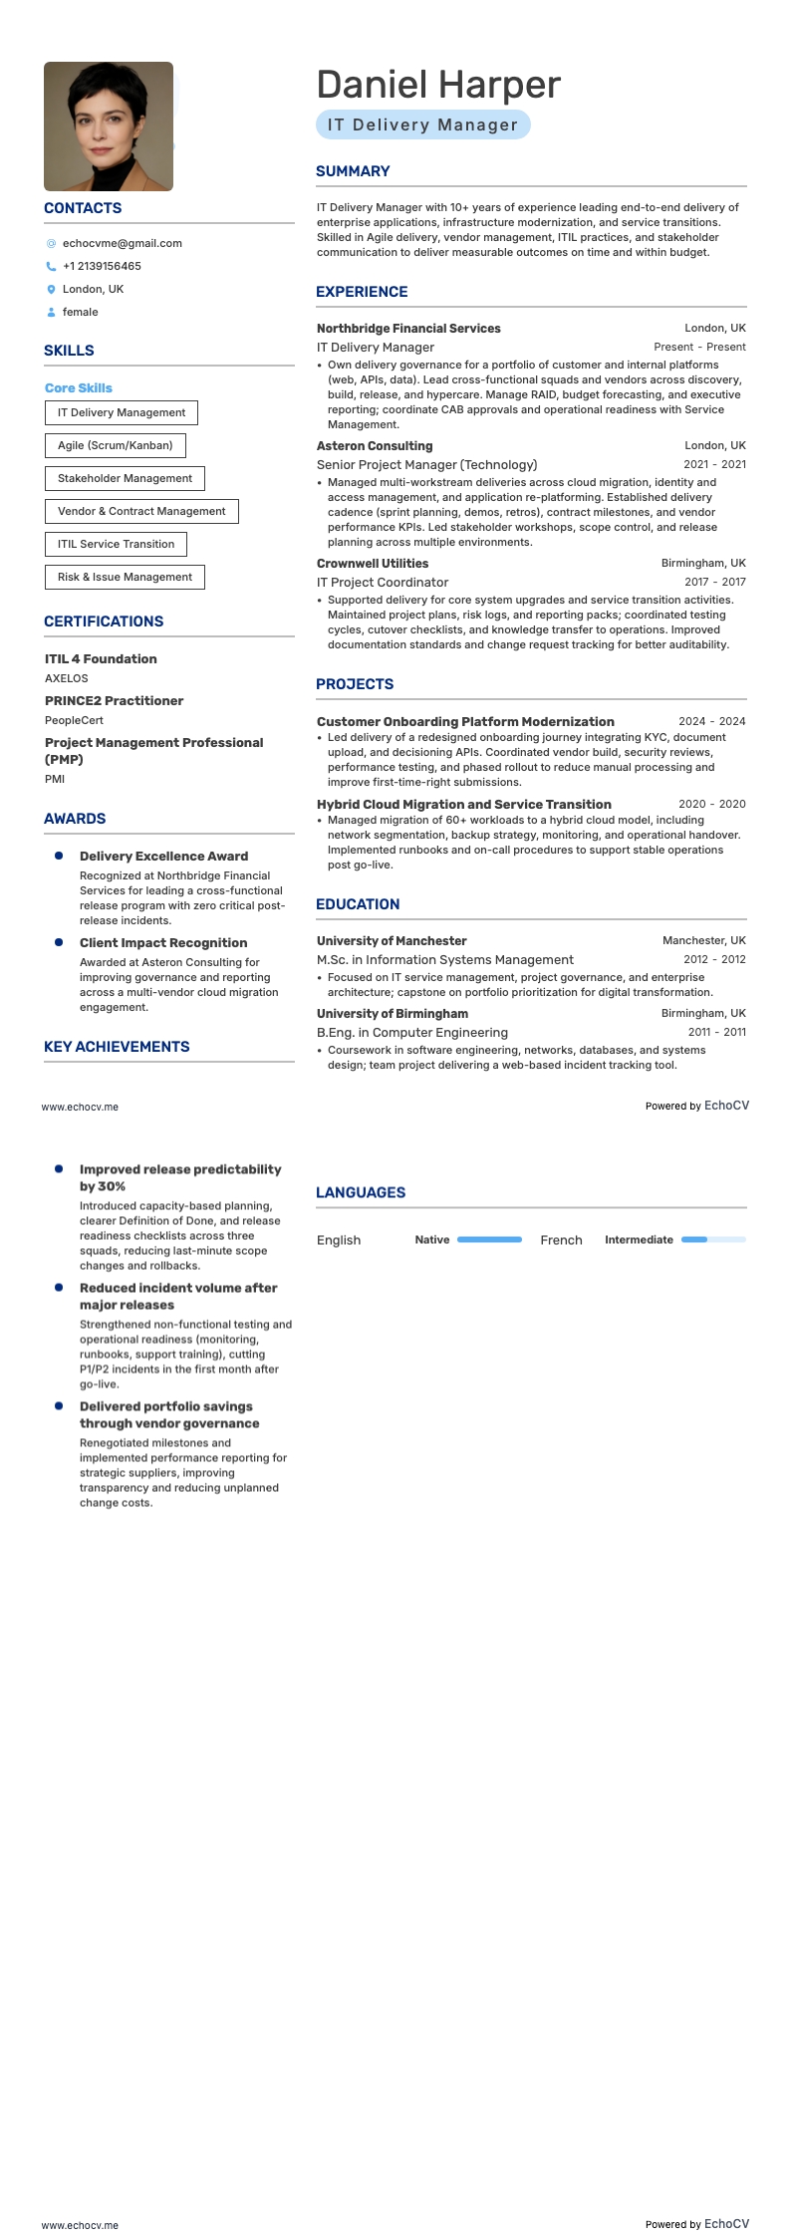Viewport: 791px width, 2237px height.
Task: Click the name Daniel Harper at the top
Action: [x=438, y=86]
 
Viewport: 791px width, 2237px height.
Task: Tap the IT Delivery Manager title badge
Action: [x=422, y=125]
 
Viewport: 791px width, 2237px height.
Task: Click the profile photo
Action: [x=109, y=126]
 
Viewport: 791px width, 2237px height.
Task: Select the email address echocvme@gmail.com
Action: [x=122, y=243]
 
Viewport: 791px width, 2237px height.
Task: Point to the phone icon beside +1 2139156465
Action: [x=51, y=267]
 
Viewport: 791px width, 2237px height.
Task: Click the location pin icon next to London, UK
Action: [x=51, y=290]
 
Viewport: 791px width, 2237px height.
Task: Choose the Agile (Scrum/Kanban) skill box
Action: [x=115, y=445]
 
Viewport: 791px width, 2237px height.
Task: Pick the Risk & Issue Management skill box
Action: [x=125, y=577]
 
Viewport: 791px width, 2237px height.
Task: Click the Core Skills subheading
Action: [x=79, y=388]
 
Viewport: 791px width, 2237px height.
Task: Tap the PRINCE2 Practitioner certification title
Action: [x=114, y=701]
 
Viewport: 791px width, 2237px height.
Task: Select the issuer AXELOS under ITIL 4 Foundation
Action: [x=67, y=678]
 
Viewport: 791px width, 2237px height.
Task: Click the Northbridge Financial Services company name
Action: [x=408, y=329]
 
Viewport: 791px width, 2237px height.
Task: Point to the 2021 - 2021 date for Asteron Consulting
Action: [x=714, y=465]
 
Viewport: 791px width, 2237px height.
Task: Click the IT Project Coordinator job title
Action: [x=383, y=583]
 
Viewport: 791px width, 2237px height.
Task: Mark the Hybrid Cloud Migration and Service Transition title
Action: [x=464, y=805]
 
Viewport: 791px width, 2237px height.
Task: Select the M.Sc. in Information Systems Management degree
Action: [x=445, y=960]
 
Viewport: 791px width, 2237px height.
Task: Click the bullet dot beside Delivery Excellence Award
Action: [x=59, y=856]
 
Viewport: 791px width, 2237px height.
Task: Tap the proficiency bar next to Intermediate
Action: [x=713, y=1240]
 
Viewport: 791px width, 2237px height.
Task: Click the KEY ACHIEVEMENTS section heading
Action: [x=117, y=1047]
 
